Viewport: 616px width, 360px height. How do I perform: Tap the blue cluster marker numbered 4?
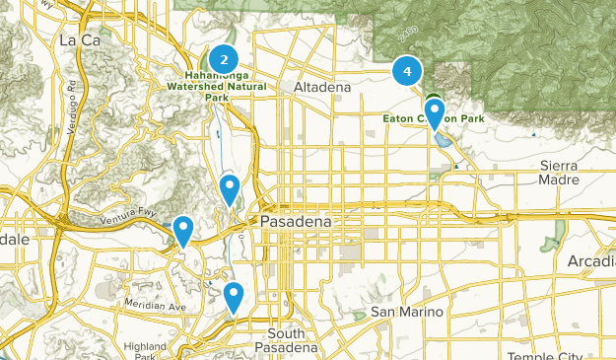407,71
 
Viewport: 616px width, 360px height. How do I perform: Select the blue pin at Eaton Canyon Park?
434,111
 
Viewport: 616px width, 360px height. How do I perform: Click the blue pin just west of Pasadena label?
230,187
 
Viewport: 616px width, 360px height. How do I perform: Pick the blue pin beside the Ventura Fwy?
182,231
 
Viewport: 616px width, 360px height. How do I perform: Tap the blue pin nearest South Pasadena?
234,295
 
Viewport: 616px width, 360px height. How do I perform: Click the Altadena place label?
322,88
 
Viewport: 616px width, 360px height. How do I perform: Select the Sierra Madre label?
565,172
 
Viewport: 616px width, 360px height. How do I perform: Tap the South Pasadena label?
286,340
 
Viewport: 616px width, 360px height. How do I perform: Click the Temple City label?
552,354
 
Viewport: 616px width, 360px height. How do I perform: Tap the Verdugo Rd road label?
72,94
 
